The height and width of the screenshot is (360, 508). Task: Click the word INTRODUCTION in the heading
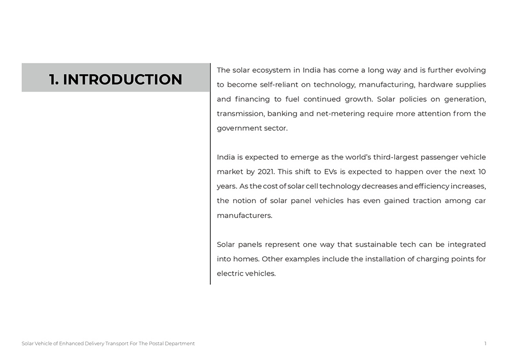[122, 79]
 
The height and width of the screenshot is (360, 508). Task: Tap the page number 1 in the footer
[485, 344]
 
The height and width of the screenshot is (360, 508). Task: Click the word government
[238, 128]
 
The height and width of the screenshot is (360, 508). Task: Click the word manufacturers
[244, 215]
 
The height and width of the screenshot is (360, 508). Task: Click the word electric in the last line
[230, 274]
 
